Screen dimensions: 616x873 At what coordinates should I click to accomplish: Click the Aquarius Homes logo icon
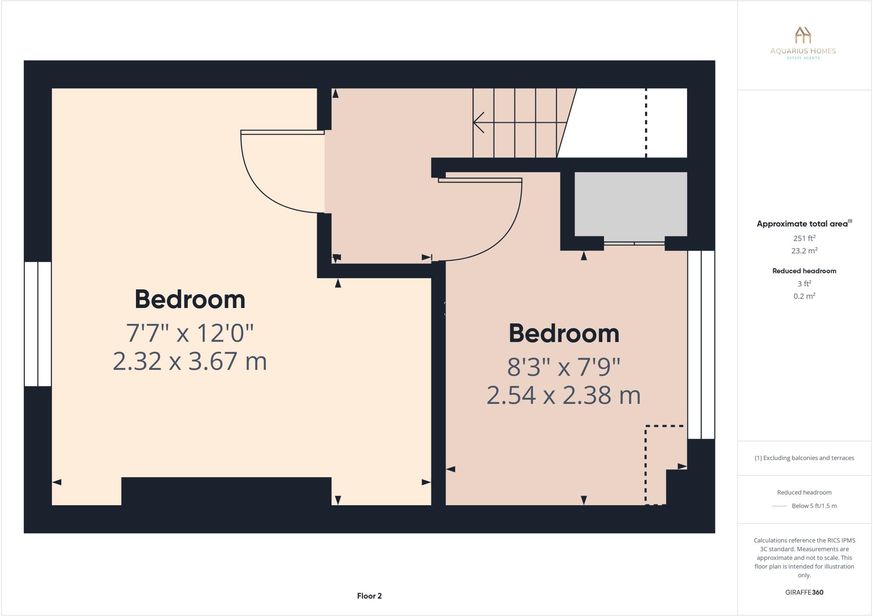[x=803, y=35]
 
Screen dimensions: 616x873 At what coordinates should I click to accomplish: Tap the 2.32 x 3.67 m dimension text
[x=190, y=361]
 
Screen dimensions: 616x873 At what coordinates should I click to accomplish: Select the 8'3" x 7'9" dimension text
[x=564, y=367]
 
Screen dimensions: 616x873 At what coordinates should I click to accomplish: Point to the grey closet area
[x=630, y=204]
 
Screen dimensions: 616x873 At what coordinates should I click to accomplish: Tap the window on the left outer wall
[x=38, y=324]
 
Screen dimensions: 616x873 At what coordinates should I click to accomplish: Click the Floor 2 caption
[x=369, y=596]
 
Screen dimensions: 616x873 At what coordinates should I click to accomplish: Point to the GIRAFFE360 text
[x=804, y=592]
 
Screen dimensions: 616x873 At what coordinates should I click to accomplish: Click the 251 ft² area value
[x=804, y=238]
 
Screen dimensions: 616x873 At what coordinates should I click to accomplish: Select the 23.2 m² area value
[x=804, y=250]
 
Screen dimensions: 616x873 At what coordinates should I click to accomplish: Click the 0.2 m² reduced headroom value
[x=804, y=296]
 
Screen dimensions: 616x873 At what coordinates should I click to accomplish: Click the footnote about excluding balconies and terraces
[x=804, y=458]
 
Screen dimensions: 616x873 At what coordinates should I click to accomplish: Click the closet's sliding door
[x=634, y=243]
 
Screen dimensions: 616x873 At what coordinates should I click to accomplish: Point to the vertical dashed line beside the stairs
[x=646, y=124]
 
